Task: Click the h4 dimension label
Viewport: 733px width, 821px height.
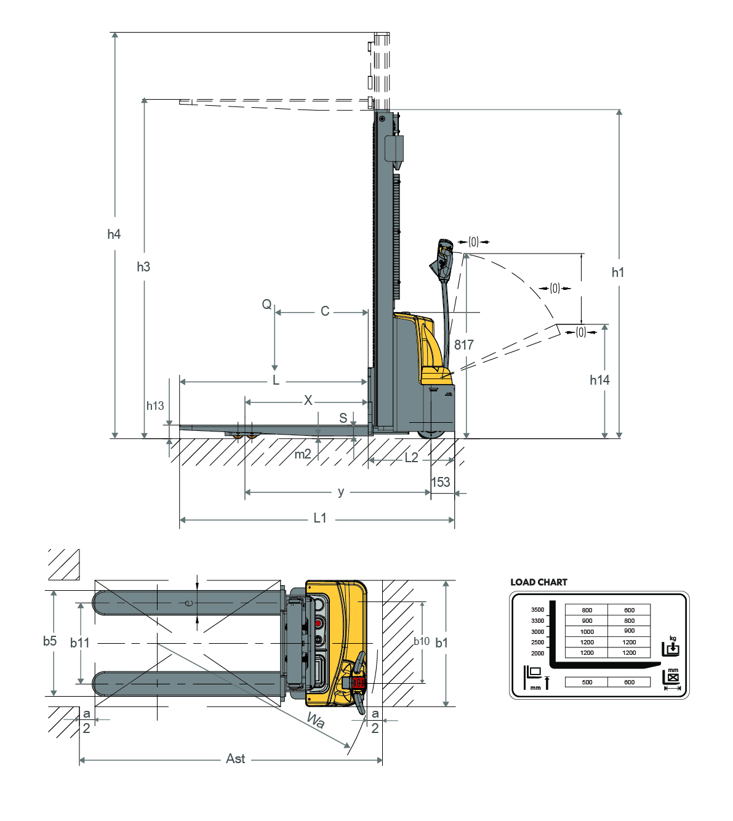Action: tap(114, 234)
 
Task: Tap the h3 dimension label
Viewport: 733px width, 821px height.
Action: tap(143, 266)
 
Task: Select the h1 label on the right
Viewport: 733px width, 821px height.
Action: tap(617, 272)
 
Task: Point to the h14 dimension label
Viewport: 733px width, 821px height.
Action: tap(599, 380)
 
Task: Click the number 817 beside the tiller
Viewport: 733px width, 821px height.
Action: tap(463, 345)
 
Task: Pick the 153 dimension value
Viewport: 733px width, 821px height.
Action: tap(441, 482)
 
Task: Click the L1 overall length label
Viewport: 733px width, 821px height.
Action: tap(320, 518)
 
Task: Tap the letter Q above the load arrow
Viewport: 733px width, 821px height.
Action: tap(266, 304)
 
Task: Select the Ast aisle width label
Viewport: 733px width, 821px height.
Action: tap(236, 758)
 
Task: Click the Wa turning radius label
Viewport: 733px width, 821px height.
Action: tap(316, 720)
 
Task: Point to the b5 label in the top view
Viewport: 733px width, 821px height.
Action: tap(50, 641)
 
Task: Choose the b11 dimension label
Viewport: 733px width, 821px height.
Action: tap(79, 643)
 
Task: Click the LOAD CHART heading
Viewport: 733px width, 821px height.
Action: tap(539, 582)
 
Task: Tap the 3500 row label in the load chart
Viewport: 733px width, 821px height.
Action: tap(537, 609)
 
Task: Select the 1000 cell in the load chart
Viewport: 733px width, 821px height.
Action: tap(587, 632)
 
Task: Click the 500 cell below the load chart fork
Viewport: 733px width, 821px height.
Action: tap(587, 682)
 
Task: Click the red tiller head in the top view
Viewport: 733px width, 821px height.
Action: tap(358, 683)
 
